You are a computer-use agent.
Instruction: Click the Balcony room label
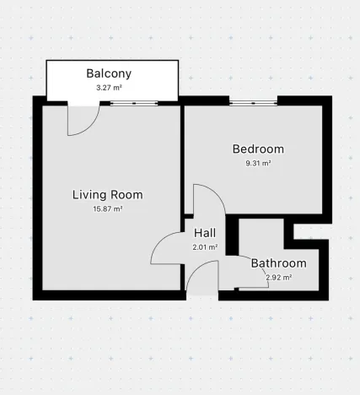pyautogui.click(x=109, y=73)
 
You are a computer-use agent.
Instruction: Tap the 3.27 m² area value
pyautogui.click(x=109, y=86)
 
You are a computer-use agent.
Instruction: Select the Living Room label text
pyautogui.click(x=107, y=194)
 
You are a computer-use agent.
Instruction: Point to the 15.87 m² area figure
pyautogui.click(x=107, y=208)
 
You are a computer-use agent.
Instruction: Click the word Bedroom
pyautogui.click(x=258, y=149)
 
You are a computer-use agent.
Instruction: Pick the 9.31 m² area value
pyautogui.click(x=258, y=164)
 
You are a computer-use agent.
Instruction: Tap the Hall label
pyautogui.click(x=205, y=233)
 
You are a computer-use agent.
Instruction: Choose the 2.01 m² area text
pyautogui.click(x=205, y=247)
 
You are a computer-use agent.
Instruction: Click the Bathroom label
pyautogui.click(x=278, y=263)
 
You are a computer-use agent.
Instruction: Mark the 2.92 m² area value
pyautogui.click(x=278, y=277)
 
